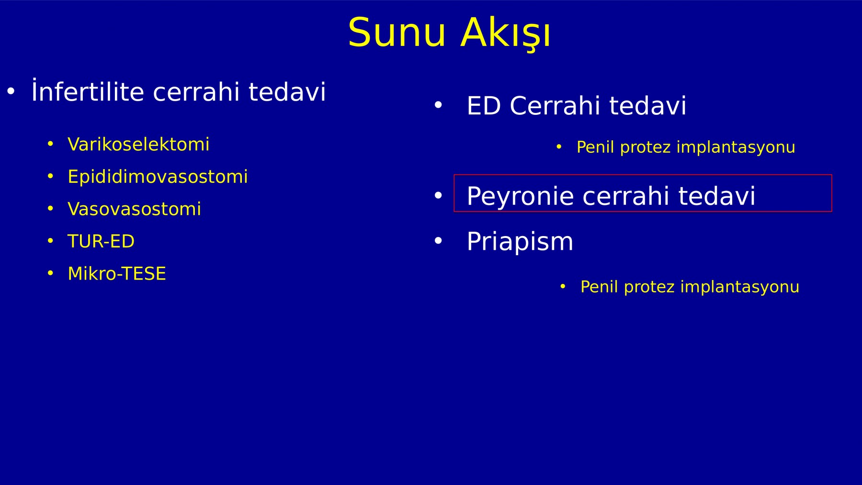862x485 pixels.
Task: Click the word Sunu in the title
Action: (397, 33)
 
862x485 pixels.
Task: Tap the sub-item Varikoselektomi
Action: (138, 144)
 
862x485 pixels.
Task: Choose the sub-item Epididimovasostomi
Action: (158, 176)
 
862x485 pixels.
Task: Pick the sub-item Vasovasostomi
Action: (134, 209)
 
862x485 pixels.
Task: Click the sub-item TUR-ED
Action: (101, 241)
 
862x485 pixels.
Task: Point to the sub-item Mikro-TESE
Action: (117, 273)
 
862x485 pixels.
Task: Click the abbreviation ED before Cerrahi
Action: (484, 105)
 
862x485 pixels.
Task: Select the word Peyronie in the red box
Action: (520, 196)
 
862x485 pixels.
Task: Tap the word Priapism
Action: (520, 241)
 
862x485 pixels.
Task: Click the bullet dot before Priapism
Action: (438, 241)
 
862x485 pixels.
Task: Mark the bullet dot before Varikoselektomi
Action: (50, 144)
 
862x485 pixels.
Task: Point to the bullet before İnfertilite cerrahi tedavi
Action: (11, 90)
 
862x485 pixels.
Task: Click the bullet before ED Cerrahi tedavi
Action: (438, 105)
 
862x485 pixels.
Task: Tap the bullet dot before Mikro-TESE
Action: (50, 273)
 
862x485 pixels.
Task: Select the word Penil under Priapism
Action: (599, 286)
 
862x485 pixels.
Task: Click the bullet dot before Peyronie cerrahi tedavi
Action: (438, 195)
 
